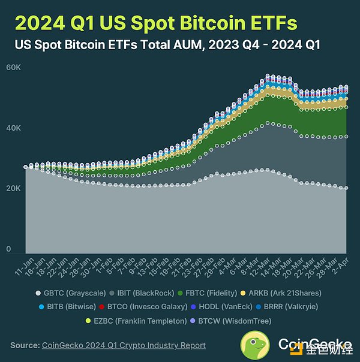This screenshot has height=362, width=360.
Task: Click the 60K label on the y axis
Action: pyautogui.click(x=13, y=67)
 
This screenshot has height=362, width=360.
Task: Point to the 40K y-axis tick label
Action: pyautogui.click(x=13, y=128)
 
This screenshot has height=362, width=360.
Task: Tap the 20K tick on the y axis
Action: pyautogui.click(x=13, y=189)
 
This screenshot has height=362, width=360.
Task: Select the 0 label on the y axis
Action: pyautogui.click(x=8, y=249)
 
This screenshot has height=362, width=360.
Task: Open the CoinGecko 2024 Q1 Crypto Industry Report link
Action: pyautogui.click(x=124, y=345)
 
